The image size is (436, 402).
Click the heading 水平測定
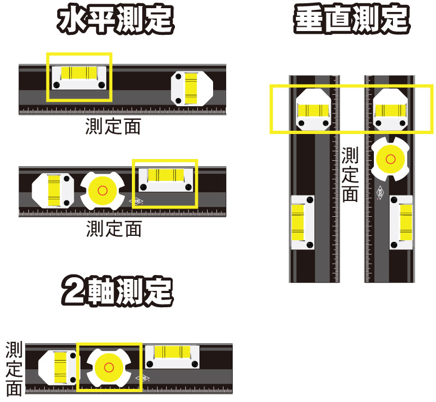point(116,20)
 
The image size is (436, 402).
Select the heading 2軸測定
point(117,291)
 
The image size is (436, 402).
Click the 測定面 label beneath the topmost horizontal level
point(113,126)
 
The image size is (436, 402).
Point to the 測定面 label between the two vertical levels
point(350,174)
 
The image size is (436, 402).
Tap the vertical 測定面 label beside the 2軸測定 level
point(14,369)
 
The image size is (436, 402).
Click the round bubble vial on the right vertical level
point(390,159)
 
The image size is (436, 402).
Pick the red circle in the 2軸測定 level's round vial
point(108,367)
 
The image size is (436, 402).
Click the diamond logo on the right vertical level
point(380,192)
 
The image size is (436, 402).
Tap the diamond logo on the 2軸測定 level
point(142,378)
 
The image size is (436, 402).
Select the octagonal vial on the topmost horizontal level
point(192,88)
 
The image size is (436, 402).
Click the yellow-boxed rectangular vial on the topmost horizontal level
point(79,78)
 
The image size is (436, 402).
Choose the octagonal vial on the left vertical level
point(313,109)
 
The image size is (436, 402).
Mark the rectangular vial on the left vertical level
point(303,222)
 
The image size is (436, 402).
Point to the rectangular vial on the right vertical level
point(401,222)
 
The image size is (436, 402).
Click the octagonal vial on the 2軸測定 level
point(58,368)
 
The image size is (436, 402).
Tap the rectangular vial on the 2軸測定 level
point(172,357)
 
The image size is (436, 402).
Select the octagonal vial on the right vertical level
point(390,109)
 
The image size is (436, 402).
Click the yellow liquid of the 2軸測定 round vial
point(108,368)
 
